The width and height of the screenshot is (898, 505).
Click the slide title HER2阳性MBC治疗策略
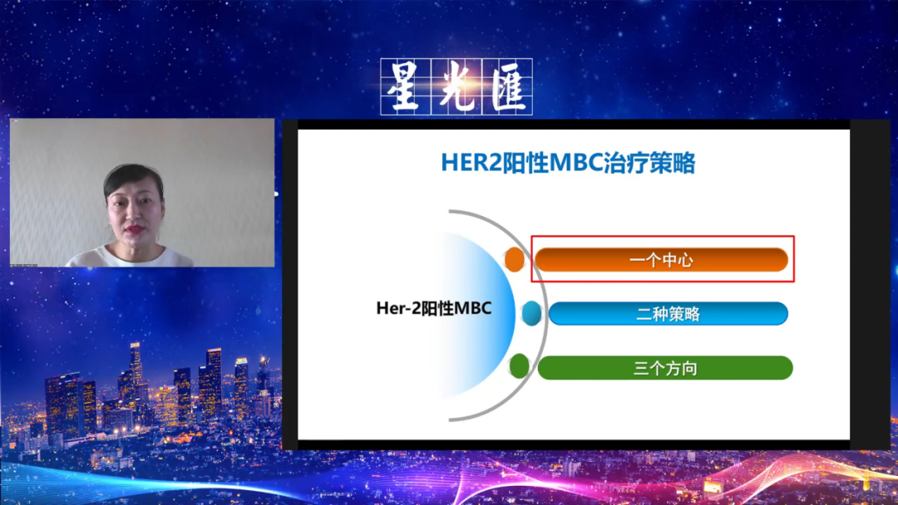[x=568, y=163]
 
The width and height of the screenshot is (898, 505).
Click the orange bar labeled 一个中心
[x=662, y=260]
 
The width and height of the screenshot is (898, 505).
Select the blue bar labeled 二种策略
[x=669, y=313]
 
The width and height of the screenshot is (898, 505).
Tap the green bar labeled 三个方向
[x=665, y=368]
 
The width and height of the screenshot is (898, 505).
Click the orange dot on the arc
[x=515, y=260]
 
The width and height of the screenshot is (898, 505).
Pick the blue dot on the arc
[x=531, y=313]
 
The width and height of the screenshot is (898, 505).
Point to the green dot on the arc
[x=520, y=366]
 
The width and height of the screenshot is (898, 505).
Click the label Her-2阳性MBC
[x=433, y=308]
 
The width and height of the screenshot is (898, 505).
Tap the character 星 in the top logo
[x=404, y=87]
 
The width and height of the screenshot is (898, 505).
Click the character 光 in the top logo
[x=456, y=87]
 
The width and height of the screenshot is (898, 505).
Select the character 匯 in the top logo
[x=507, y=87]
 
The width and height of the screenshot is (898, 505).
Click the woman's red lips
[x=135, y=229]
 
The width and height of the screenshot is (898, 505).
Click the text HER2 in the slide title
[x=471, y=163]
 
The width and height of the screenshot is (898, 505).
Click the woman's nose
[x=135, y=214]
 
